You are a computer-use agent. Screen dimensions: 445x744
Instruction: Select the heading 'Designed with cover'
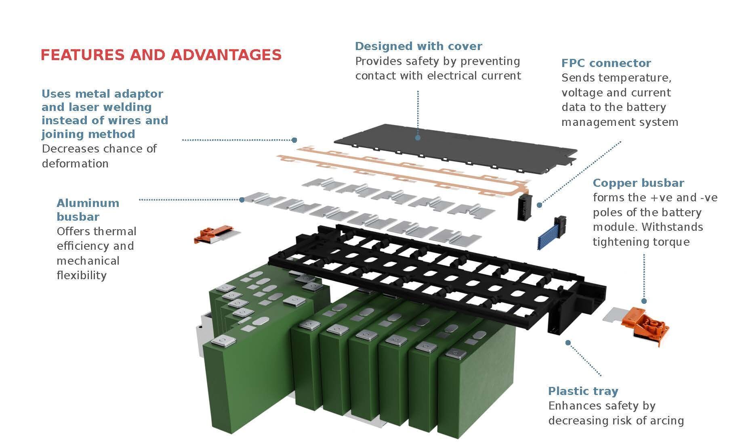[x=418, y=46]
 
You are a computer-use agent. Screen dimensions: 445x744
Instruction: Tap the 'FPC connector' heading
[x=606, y=63]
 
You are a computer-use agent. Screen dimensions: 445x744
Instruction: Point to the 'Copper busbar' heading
[x=638, y=183]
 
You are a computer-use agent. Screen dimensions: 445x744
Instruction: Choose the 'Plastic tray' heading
[x=583, y=391]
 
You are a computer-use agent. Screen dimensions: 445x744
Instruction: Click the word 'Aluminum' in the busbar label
[x=88, y=203]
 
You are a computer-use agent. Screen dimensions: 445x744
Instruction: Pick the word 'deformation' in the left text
[x=75, y=163]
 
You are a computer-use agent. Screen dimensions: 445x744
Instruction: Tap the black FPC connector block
[x=525, y=206]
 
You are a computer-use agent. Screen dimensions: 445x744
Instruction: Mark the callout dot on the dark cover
[x=418, y=138]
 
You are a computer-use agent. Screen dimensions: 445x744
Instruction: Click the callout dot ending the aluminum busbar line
[x=242, y=199]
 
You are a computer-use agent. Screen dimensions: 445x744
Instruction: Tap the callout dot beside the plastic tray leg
[x=568, y=343]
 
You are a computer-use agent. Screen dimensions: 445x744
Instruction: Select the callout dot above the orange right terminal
[x=644, y=301]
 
